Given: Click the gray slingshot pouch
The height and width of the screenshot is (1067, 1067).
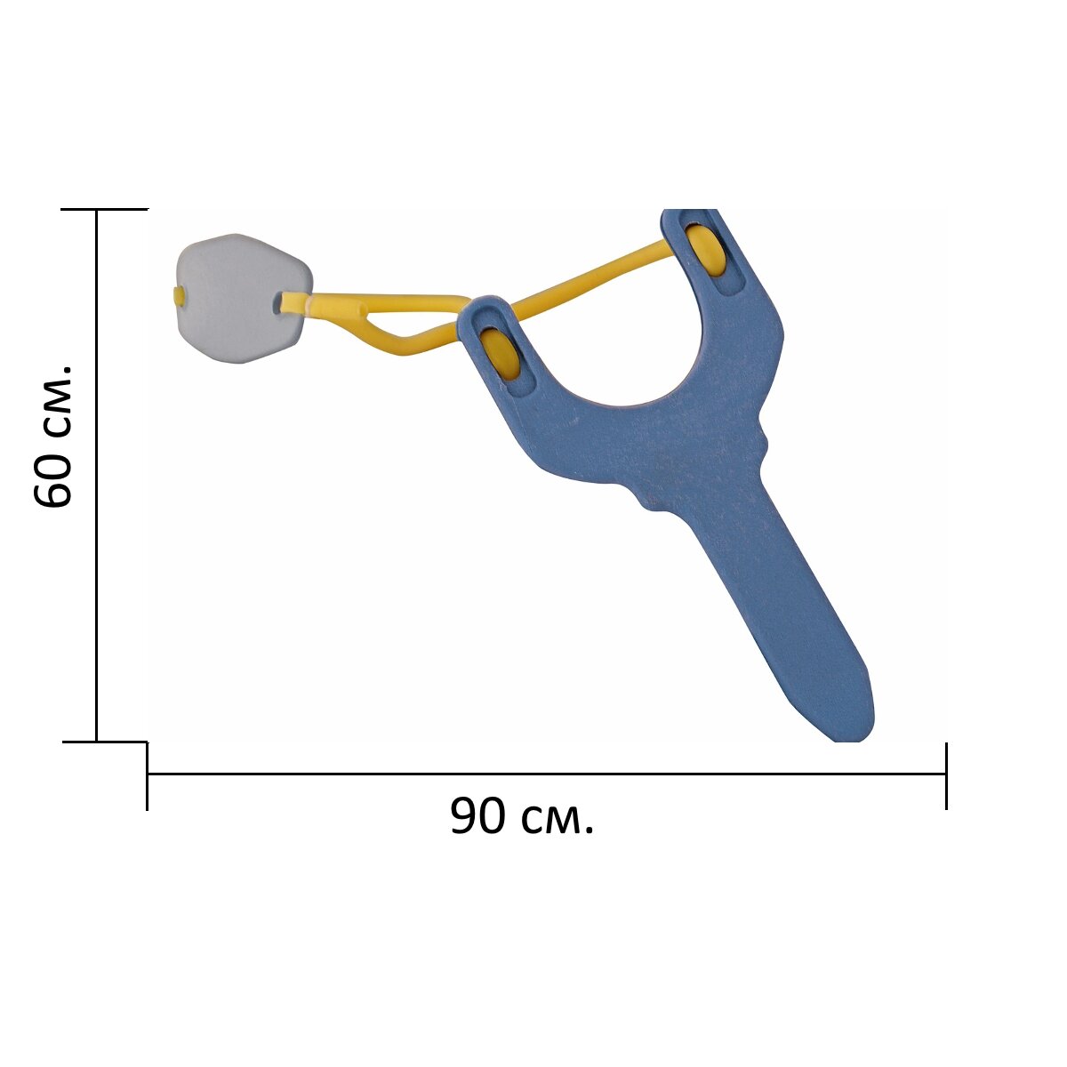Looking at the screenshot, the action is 243,297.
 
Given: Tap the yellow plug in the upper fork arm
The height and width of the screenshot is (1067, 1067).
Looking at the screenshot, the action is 704,250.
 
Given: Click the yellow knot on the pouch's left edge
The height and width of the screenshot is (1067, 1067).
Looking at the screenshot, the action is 179,295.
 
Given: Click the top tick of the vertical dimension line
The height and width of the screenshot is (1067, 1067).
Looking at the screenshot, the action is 105,209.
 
